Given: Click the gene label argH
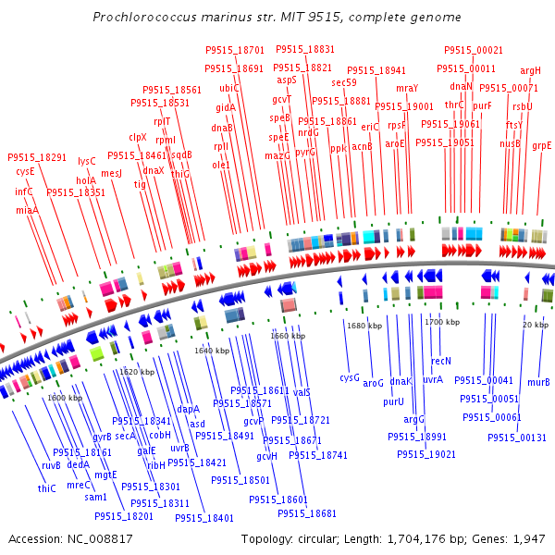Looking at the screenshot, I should click(530, 70).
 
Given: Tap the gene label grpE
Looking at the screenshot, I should click(542, 145).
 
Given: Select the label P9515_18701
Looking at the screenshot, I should click(234, 50).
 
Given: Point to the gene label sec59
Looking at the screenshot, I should click(344, 83).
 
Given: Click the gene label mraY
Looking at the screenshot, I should click(407, 88).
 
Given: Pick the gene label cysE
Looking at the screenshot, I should click(25, 171).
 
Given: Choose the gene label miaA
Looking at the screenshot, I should click(28, 211).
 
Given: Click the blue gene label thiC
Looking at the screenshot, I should click(46, 487).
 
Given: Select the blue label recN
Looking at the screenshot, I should click(441, 361).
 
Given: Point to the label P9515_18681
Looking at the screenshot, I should click(307, 513).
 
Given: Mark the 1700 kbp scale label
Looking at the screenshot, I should click(441, 323).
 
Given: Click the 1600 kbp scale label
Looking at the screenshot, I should click(64, 398).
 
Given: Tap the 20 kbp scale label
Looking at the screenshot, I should click(535, 325).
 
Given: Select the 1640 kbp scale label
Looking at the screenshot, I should click(211, 351).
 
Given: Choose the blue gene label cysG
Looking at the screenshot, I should click(349, 377).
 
